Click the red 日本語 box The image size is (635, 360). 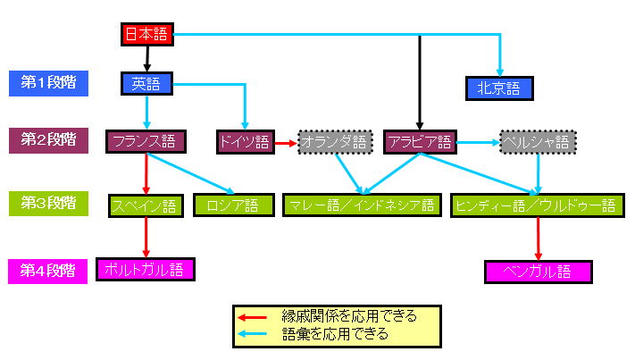(x=146, y=35)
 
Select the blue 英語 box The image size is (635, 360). (x=145, y=84)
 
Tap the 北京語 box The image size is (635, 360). (x=498, y=88)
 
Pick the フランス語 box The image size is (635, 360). (x=146, y=141)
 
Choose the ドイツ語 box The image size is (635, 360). (x=243, y=141)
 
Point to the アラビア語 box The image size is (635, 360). (x=418, y=141)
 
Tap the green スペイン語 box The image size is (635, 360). (x=145, y=205)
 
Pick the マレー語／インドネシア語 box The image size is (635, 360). (x=361, y=205)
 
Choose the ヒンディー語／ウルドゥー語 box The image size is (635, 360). (x=537, y=205)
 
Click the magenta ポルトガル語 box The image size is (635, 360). (x=145, y=268)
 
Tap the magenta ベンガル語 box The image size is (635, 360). (x=538, y=271)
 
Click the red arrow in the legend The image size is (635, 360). (x=254, y=316)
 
